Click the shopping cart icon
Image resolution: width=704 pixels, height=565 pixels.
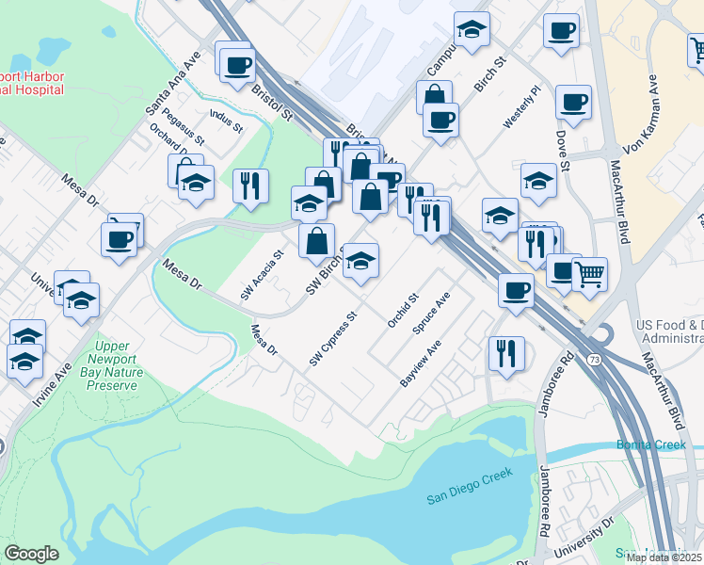coord(589,274)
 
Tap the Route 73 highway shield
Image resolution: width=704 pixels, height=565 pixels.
coord(594,360)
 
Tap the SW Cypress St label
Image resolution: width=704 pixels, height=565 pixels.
coord(334,340)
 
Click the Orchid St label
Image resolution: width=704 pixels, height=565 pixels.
coord(403,310)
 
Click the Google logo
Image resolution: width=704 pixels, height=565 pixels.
coord(31,554)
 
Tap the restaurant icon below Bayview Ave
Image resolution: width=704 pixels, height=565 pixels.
coord(506,354)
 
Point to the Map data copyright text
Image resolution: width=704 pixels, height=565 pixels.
coord(664,557)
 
